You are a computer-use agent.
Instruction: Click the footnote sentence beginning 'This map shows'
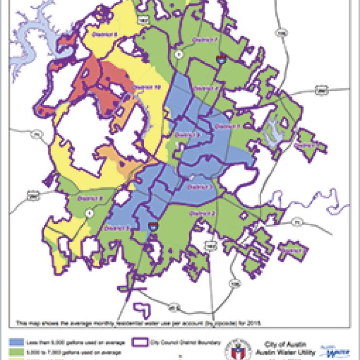pyautogui.click(x=139, y=323)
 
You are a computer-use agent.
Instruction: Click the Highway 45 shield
pyautogui.click(x=174, y=307)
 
